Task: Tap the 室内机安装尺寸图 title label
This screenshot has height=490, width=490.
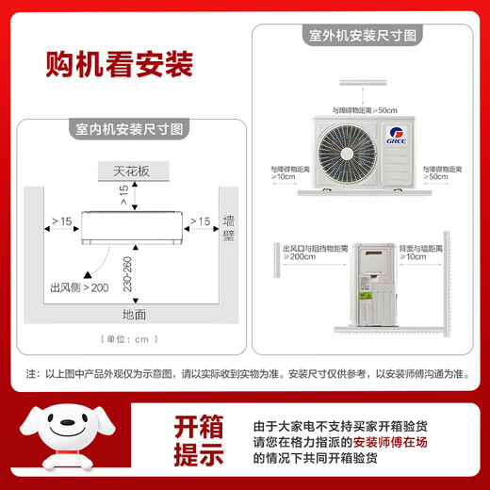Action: pos(132,128)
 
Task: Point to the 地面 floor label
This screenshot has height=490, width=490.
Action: pos(134,314)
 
